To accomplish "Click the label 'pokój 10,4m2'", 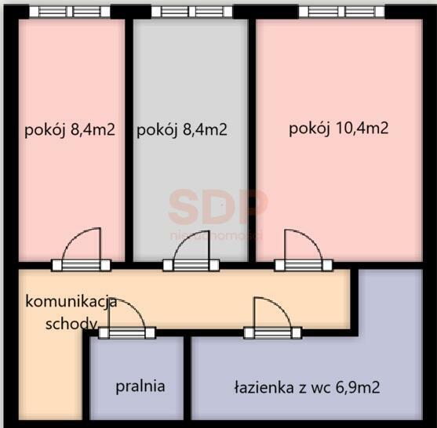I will click(x=339, y=129).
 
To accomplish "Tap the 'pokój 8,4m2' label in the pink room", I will click(x=70, y=130).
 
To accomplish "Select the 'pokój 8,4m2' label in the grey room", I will click(x=182, y=130).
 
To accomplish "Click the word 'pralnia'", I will click(x=140, y=386).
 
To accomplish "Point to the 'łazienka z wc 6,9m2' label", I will click(x=308, y=386).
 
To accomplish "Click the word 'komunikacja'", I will click(x=71, y=302).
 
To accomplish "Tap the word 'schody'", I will click(x=71, y=323).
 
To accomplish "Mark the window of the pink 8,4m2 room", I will click(x=70, y=12).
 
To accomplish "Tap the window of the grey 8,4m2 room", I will click(x=191, y=12).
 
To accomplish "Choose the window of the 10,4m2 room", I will click(x=341, y=12).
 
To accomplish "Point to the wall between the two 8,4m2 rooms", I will click(x=129, y=141).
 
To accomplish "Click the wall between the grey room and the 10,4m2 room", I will click(x=252, y=141).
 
